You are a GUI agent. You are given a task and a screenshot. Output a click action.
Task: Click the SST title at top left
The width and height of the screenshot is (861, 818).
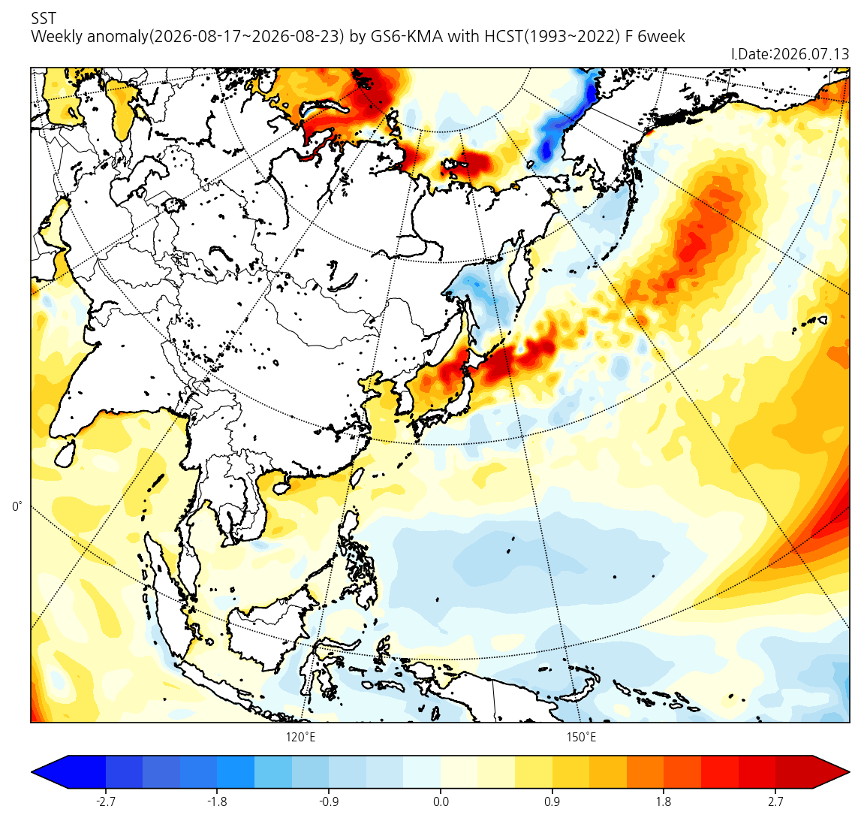tap(44, 19)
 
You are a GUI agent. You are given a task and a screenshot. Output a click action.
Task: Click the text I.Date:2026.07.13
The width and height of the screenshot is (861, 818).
tap(790, 54)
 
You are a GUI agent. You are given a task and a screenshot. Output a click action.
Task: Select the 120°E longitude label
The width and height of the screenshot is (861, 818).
tap(300, 737)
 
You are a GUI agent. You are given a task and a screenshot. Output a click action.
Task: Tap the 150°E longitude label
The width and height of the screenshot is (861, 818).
tap(582, 737)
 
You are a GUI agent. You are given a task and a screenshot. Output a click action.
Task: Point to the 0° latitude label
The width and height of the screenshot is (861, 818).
tap(17, 506)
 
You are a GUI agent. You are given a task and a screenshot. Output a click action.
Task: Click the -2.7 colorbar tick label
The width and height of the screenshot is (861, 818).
tap(105, 802)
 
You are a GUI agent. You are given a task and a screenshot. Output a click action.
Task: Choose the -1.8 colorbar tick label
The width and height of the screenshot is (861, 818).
tap(217, 802)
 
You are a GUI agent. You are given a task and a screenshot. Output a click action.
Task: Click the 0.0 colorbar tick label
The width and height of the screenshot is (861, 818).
tap(441, 802)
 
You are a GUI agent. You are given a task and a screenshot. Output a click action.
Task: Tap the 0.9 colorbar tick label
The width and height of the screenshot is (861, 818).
tap(552, 802)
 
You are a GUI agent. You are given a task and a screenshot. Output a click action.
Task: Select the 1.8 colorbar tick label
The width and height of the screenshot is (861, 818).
tap(664, 802)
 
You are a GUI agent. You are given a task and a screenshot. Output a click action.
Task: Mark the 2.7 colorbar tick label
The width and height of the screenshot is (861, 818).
tap(775, 802)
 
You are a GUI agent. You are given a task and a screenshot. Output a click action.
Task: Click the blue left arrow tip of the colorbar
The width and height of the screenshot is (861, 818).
tap(32, 772)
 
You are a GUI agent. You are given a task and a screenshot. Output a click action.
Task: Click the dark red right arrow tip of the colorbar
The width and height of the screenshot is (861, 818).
tap(849, 772)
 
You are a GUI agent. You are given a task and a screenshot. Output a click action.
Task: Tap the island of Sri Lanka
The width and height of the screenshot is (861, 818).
tap(66, 453)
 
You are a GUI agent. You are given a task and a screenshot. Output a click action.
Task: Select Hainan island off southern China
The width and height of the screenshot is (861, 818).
tap(281, 486)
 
